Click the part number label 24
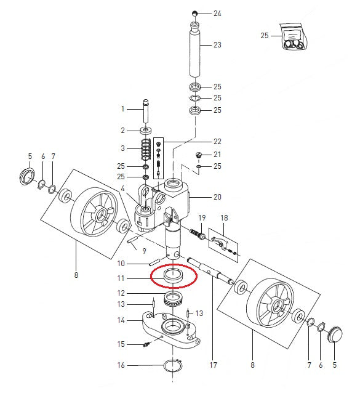(x=217, y=13)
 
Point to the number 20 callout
(x=217, y=198)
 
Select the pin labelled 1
(x=146, y=110)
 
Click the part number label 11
(x=121, y=278)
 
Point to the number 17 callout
(x=213, y=365)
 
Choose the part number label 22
(x=217, y=142)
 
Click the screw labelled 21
(x=199, y=155)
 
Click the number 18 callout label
(x=223, y=218)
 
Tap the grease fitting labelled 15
(x=147, y=344)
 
